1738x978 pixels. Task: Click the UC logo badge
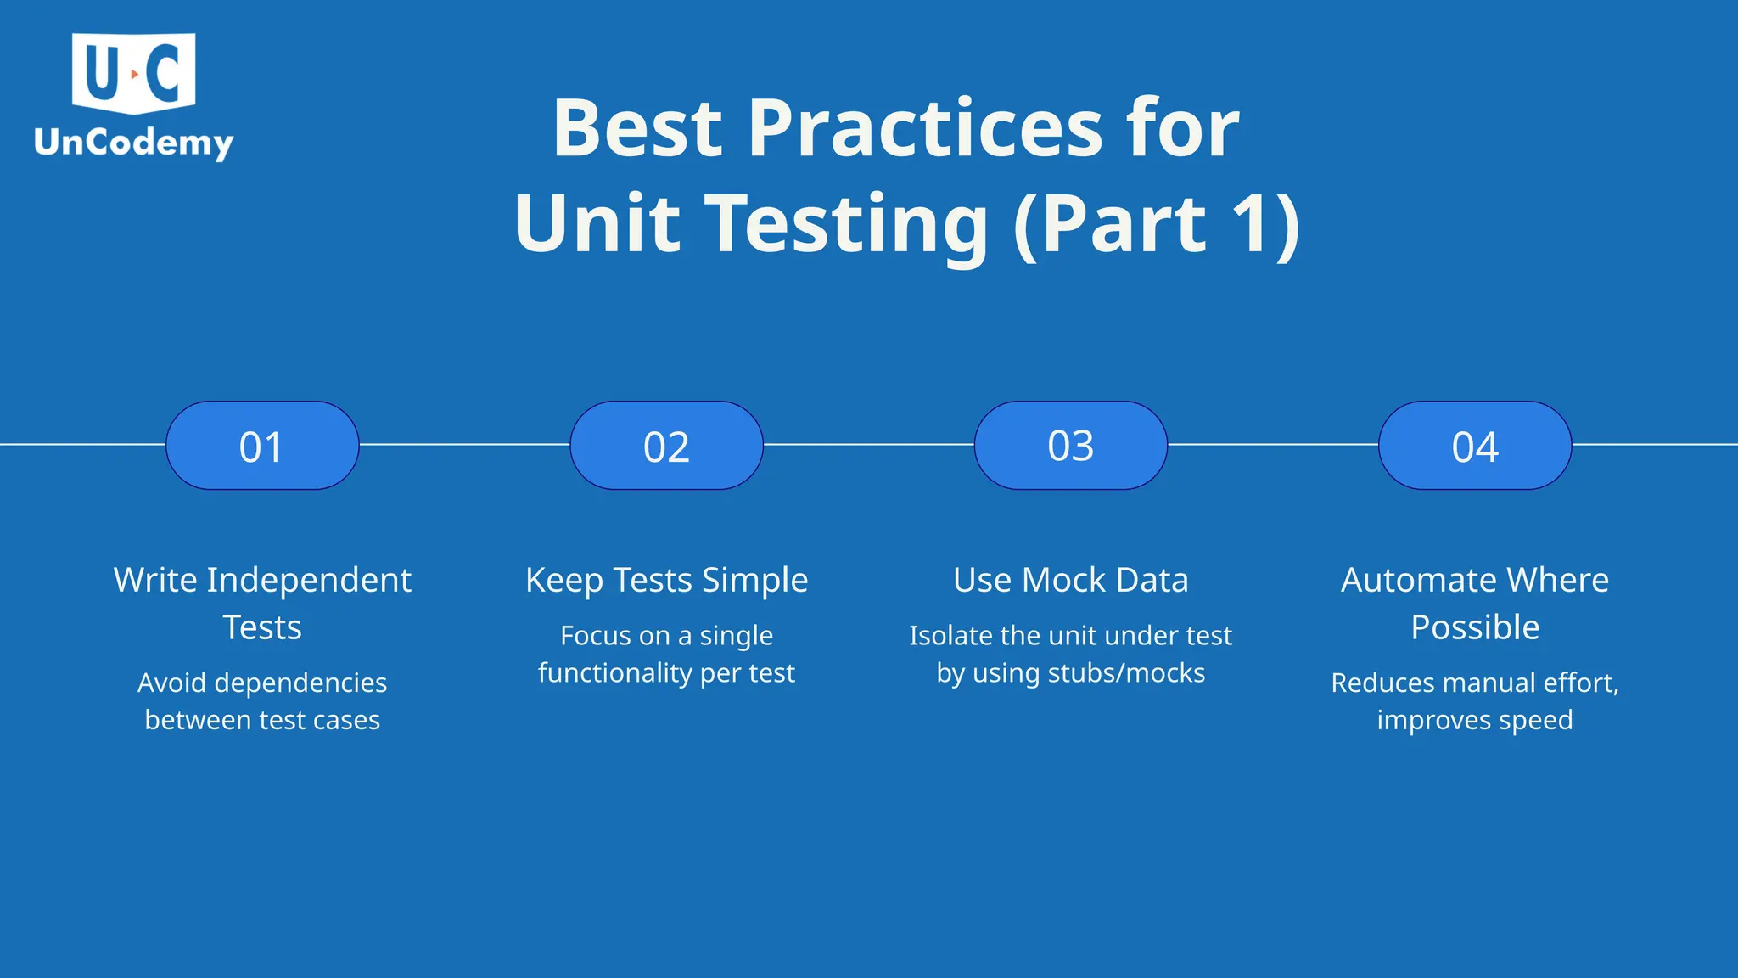point(134,73)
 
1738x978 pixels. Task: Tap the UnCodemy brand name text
point(133,143)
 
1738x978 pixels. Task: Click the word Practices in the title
point(925,128)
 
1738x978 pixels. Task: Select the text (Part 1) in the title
point(1157,223)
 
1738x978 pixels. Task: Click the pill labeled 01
point(262,446)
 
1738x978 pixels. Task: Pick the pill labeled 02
point(666,446)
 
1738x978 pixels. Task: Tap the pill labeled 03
point(1070,446)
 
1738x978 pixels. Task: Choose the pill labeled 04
point(1475,446)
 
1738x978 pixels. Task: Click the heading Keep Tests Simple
point(666,581)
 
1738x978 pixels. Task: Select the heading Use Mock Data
point(1070,581)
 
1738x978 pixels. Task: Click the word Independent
point(309,581)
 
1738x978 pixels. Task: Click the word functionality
point(614,673)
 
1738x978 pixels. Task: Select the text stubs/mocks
point(1126,673)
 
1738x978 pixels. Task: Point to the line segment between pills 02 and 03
point(868,444)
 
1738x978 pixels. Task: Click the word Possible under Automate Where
point(1475,628)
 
